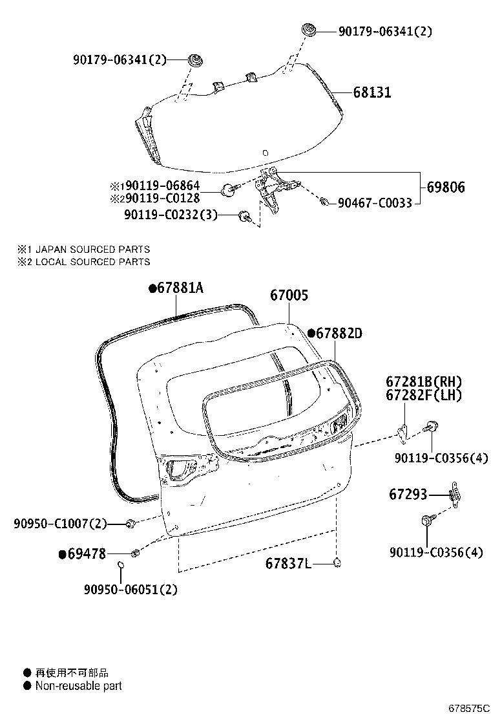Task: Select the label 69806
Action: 445,188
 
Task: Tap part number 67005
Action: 289,295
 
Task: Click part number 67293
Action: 408,495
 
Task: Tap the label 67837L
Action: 288,564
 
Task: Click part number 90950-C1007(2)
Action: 60,523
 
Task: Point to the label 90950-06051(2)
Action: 131,589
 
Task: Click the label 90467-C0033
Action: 374,203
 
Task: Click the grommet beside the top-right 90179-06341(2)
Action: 309,29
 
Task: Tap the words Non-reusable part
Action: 78,686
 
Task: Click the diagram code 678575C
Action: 470,708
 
